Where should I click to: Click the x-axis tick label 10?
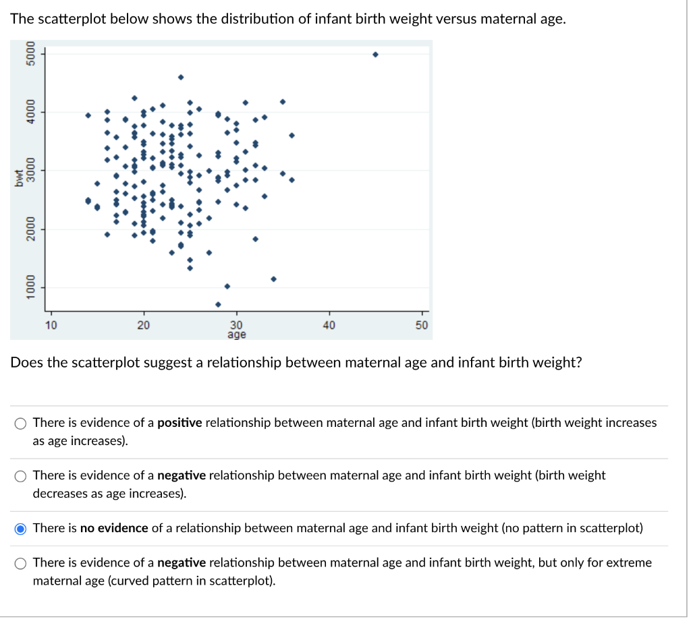coord(51,326)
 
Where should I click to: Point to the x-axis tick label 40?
coord(329,326)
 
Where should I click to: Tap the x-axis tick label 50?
coord(422,326)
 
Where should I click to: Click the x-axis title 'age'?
coord(237,334)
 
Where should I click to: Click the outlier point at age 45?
coord(375,55)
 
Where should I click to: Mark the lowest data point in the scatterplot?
coord(218,304)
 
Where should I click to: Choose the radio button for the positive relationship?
coord(22,424)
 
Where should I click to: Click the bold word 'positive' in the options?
coord(179,423)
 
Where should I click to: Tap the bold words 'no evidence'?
coord(114,528)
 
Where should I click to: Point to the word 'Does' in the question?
coord(25,363)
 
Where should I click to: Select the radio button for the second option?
coord(22,476)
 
